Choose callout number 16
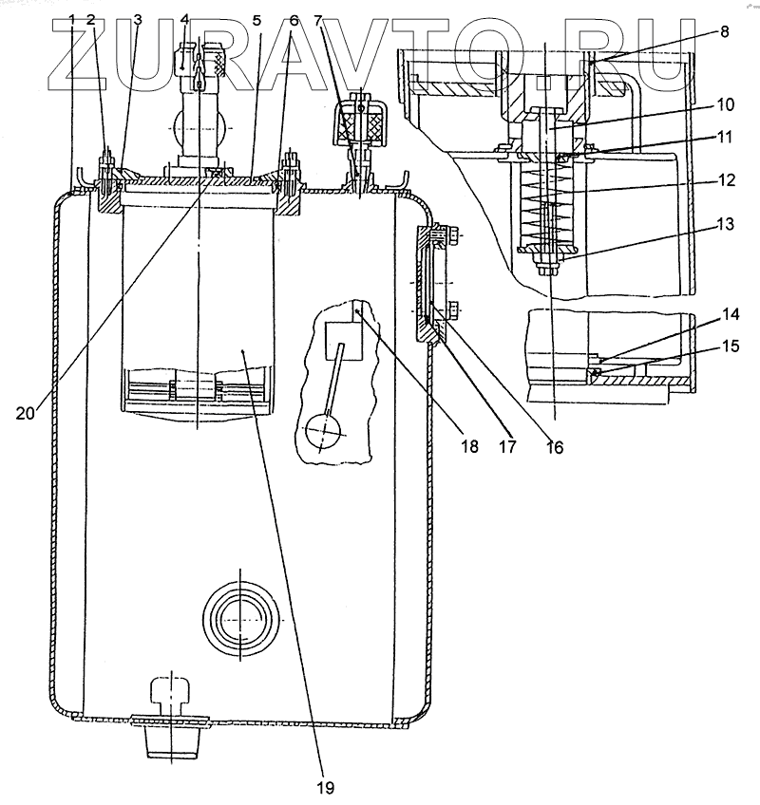(554, 445)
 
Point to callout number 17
(508, 444)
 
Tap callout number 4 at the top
(185, 19)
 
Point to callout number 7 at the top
(319, 19)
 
